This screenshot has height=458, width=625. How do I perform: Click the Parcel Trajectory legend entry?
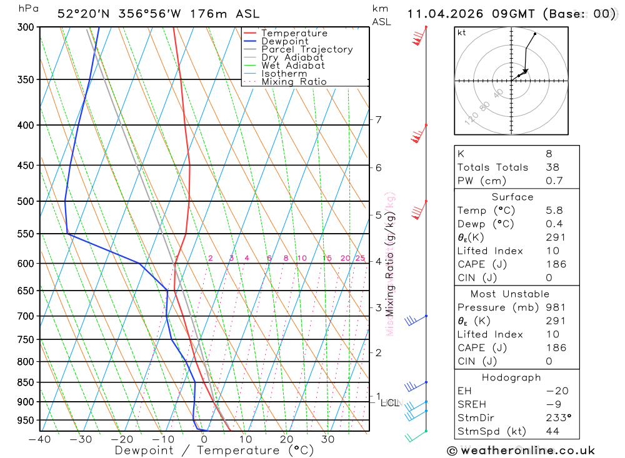(x=306, y=49)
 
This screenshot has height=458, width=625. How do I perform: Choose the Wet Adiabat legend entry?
(x=292, y=66)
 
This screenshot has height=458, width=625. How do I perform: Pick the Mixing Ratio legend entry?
(x=294, y=82)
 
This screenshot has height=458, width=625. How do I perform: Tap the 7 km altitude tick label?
(x=378, y=119)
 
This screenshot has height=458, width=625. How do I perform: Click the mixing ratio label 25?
(x=360, y=258)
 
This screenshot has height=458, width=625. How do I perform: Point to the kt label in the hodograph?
(x=461, y=32)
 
